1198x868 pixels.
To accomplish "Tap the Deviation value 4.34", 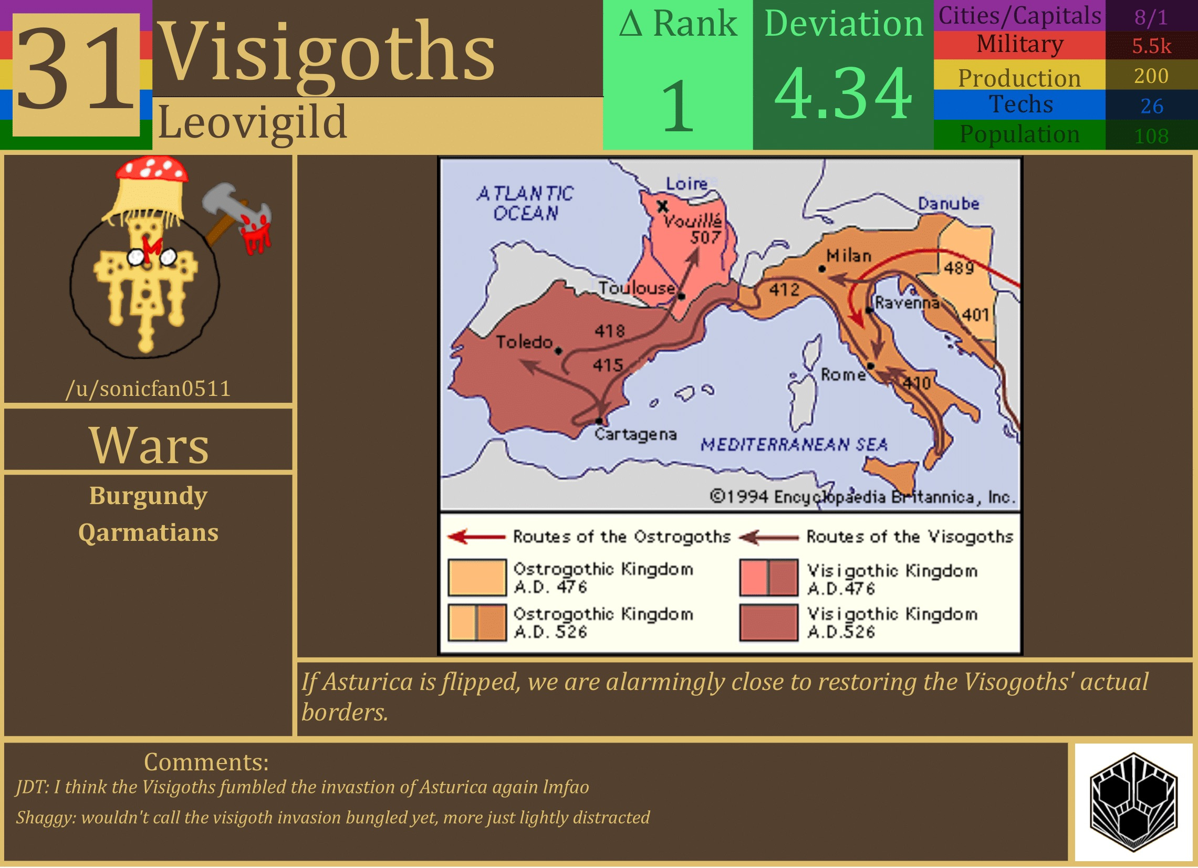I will tap(843, 94).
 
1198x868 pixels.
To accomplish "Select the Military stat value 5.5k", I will tap(1151, 46).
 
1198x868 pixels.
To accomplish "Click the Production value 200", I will tap(1151, 77).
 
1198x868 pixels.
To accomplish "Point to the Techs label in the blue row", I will tap(1020, 104).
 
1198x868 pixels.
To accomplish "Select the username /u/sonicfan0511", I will tap(149, 389).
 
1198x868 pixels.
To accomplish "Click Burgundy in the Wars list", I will tap(149, 496).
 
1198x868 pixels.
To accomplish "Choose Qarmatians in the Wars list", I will tap(149, 533).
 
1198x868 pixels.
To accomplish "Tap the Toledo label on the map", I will tap(524, 342).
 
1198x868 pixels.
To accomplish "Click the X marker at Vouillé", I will tap(662, 206).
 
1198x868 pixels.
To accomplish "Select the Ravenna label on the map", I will tap(907, 303).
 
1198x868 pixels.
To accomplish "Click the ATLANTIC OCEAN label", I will tap(525, 203).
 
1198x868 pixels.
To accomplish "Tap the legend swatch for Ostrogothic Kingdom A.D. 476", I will tap(477, 578).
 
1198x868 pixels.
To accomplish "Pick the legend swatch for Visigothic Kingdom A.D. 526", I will tap(768, 623).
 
